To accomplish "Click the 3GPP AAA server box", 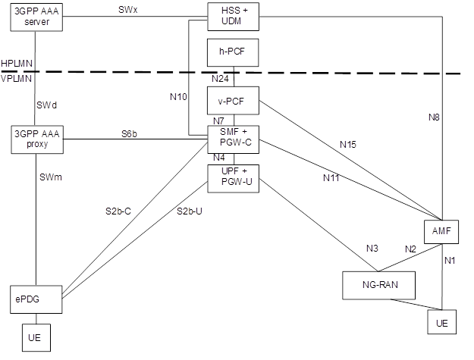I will [x=36, y=17].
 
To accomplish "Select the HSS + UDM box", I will [x=234, y=16].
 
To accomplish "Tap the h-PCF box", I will [x=234, y=54].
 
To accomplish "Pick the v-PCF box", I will [x=234, y=100].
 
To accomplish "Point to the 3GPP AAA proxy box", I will [x=36, y=139].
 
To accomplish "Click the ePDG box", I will [x=36, y=299].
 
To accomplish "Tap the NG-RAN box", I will [x=380, y=284].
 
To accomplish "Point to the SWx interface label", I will [x=128, y=10].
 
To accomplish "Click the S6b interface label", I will [x=130, y=133].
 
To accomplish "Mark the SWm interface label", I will [x=50, y=177].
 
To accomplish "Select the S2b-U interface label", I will [x=190, y=211].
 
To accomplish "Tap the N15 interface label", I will [x=348, y=144].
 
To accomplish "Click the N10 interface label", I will [x=177, y=96].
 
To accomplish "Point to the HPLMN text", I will [x=15, y=63].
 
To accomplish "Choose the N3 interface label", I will [x=372, y=249].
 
